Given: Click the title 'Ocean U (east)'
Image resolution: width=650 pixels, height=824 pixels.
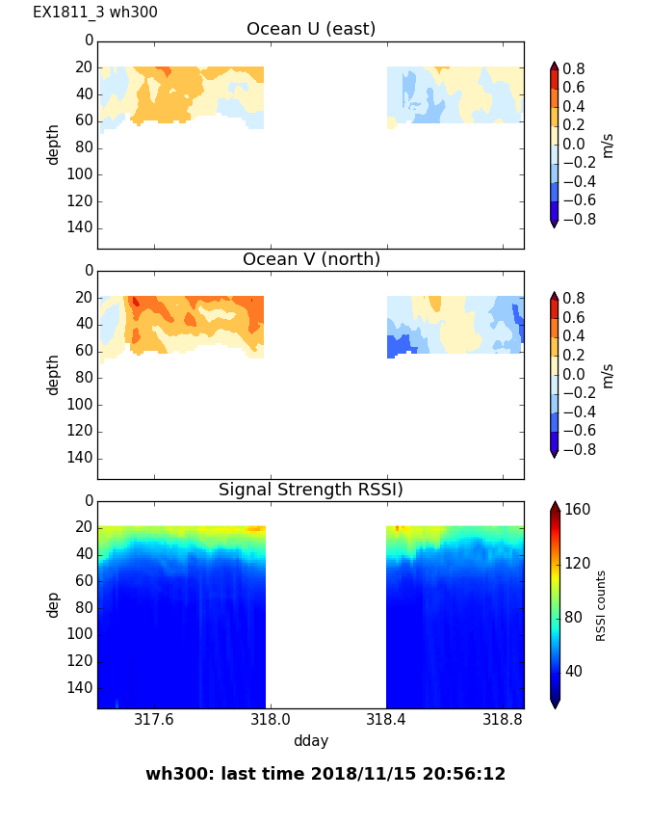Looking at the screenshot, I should (x=311, y=29).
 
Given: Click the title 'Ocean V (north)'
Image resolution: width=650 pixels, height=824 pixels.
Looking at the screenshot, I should (x=311, y=259).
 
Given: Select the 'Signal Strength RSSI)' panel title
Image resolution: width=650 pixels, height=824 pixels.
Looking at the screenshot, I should (x=311, y=490).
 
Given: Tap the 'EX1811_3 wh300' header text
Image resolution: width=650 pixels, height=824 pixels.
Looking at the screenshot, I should (x=95, y=13).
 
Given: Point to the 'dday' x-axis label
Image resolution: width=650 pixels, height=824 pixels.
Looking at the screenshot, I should (x=311, y=741).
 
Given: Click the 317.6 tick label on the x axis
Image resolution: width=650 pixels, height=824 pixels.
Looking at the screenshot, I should (x=153, y=720).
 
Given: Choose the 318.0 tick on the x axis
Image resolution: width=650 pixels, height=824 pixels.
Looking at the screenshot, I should (x=270, y=720).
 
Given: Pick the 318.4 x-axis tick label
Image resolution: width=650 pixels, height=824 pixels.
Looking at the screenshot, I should (x=386, y=720).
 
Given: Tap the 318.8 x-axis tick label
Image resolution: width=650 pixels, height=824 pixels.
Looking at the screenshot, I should (x=503, y=720).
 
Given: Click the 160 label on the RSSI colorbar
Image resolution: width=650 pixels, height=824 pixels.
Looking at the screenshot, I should (x=578, y=509).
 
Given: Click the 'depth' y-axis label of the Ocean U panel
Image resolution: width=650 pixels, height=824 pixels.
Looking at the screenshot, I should (x=54, y=145).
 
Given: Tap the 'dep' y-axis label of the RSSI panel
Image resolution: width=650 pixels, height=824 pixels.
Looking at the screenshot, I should (x=54, y=604).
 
